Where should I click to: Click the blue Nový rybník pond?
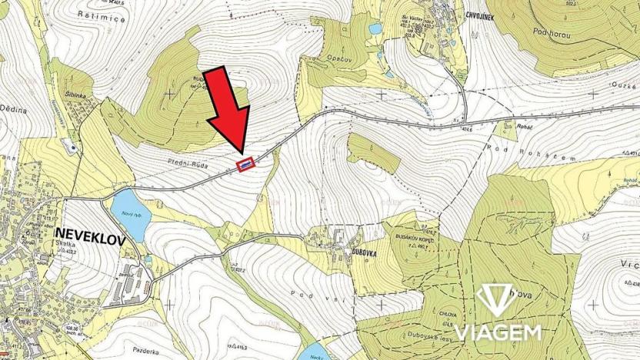[127, 208]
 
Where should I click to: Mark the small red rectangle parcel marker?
[245, 164]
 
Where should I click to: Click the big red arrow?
[228, 111]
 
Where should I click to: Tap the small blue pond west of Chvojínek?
[375, 29]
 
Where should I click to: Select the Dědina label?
[14, 110]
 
